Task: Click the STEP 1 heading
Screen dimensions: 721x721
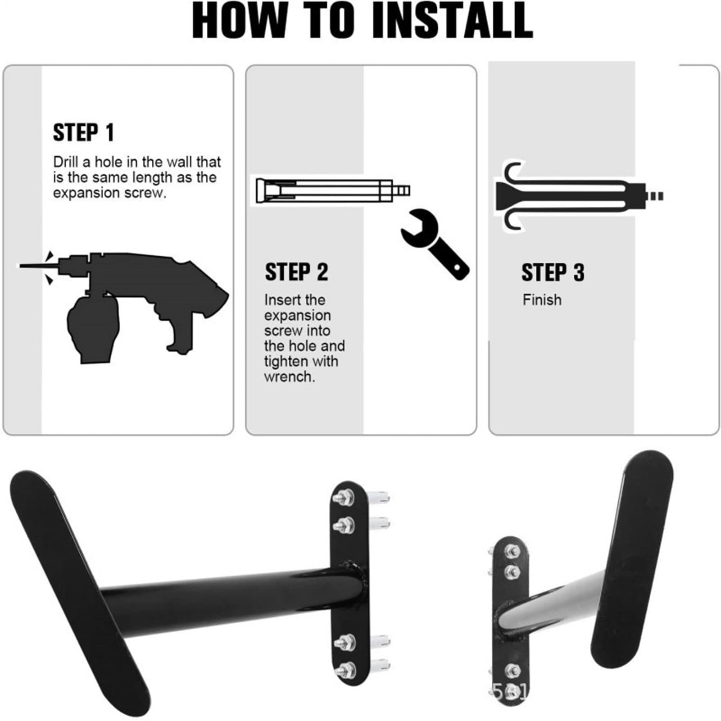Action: pos(83,133)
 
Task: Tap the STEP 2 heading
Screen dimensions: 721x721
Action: pos(296,272)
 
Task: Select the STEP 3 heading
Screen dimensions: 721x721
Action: pos(553,272)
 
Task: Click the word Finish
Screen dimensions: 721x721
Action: pos(542,300)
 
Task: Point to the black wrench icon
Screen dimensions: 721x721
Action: pos(435,244)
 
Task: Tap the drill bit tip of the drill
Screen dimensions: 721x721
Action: pos(19,266)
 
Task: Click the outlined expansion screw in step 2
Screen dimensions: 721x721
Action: pos(333,190)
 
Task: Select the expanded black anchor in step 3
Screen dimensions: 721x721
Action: pos(579,196)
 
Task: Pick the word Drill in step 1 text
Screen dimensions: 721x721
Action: pos(65,162)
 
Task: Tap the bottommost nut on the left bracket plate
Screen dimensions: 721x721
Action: pos(345,670)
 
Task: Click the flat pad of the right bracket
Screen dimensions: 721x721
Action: pos(632,559)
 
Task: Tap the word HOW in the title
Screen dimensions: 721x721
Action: pos(240,21)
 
